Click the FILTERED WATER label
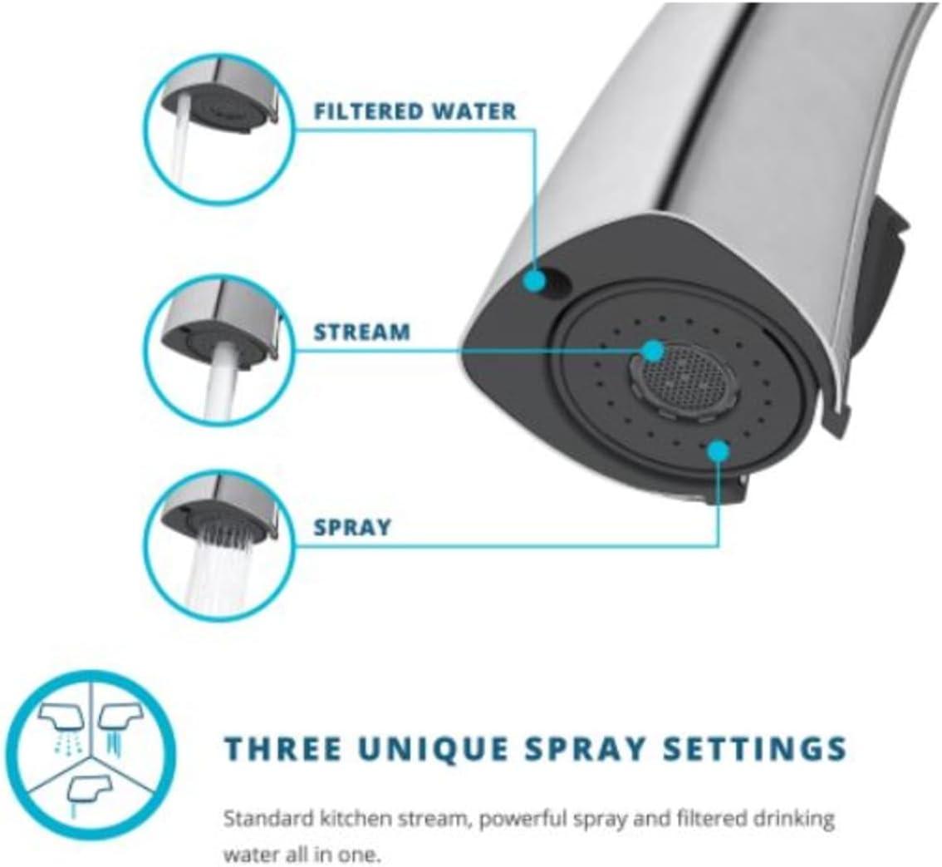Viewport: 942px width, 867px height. click(x=415, y=111)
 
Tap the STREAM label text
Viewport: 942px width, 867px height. click(x=361, y=332)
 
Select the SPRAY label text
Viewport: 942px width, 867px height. click(x=352, y=527)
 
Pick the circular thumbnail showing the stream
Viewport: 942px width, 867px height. click(x=219, y=350)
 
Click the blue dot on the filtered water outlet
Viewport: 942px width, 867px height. click(x=534, y=280)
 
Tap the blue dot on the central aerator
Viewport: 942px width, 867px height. click(x=653, y=350)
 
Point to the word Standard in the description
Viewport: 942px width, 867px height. click(x=268, y=818)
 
